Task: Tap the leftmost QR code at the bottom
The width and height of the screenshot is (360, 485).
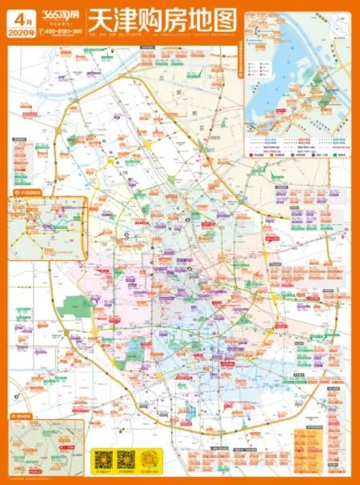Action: pos(102,460)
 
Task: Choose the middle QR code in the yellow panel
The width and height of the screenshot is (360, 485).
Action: pos(126,460)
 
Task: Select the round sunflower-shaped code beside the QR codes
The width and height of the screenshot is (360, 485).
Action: pos(150,459)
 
